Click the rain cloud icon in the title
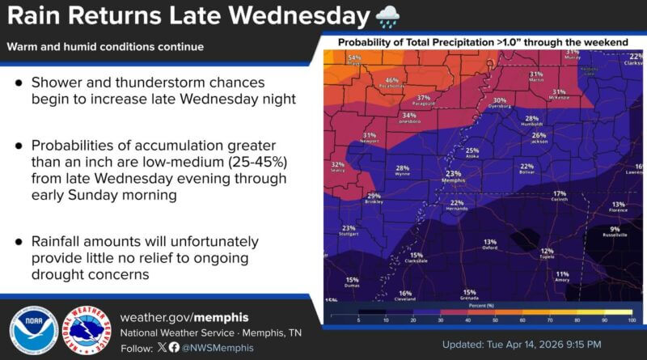pyautogui.click(x=387, y=16)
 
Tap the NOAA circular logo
pyautogui.click(x=33, y=332)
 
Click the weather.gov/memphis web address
pyautogui.click(x=184, y=317)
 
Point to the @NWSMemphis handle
pyautogui.click(x=214, y=347)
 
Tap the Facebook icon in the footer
pyautogui.click(x=174, y=347)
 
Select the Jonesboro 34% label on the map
pyautogui.click(x=409, y=119)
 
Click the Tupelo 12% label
pyautogui.click(x=548, y=254)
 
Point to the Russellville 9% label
pyautogui.click(x=615, y=232)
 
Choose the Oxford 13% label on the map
pyautogui.click(x=490, y=244)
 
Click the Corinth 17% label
pyautogui.click(x=560, y=197)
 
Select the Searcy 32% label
pyautogui.click(x=338, y=167)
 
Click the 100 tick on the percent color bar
pyautogui.click(x=631, y=320)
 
